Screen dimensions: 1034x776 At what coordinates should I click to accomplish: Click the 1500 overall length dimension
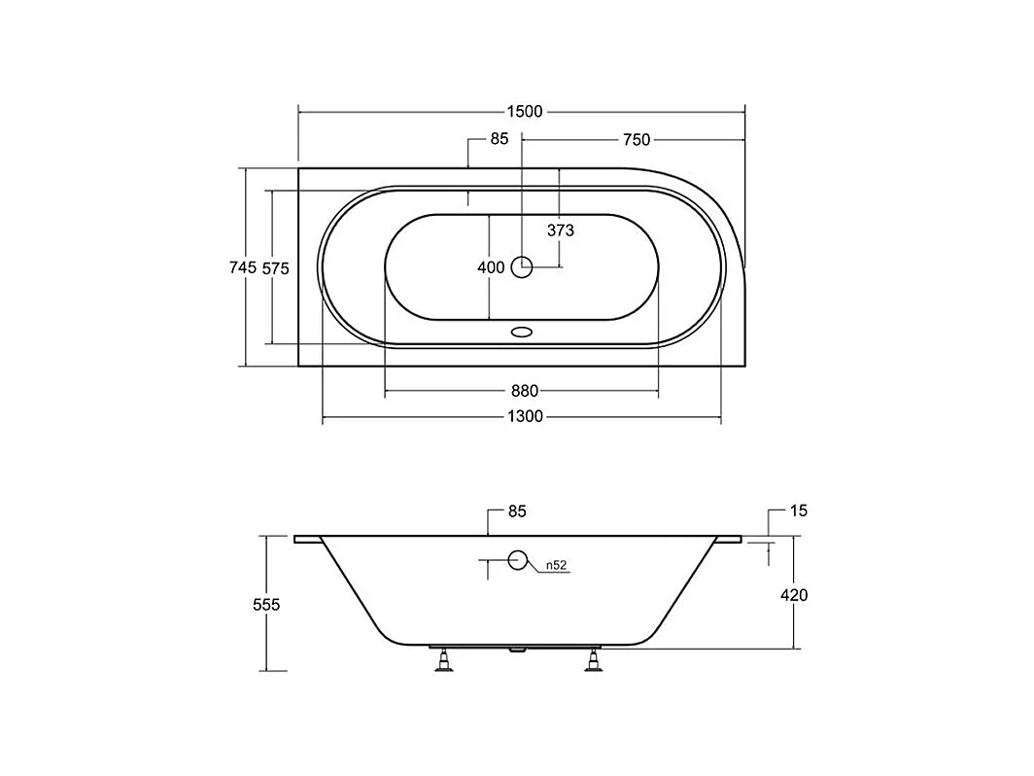(524, 112)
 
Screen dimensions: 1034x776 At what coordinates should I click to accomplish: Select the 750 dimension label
(637, 140)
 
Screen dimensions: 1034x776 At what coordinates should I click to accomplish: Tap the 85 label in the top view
(500, 138)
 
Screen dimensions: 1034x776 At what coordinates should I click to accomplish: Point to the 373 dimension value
(561, 230)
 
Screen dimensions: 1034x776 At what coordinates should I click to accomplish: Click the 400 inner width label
(492, 267)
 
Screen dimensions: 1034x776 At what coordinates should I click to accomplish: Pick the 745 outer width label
(243, 267)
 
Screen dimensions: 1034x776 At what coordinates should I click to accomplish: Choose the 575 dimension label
(276, 268)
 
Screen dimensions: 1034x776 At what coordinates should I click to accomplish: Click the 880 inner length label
(525, 391)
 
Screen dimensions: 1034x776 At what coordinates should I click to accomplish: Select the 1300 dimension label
(525, 417)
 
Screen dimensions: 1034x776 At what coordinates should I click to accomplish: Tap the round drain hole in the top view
(522, 266)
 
